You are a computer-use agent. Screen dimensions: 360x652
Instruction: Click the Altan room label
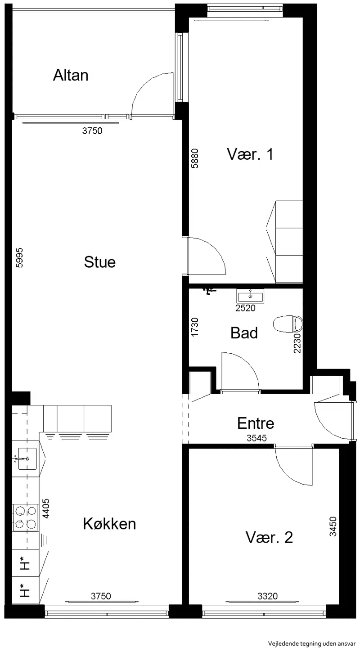point(71,75)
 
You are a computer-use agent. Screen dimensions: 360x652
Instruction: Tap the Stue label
point(100,262)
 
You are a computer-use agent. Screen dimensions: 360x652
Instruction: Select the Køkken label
point(109,524)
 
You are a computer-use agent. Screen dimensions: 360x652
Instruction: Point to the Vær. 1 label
point(250,154)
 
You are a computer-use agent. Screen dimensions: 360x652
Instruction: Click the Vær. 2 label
point(269,537)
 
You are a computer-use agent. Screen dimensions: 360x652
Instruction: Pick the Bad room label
point(244,333)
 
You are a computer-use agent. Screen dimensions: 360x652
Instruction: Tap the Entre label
point(256,423)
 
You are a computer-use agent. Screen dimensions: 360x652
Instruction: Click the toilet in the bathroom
point(288,324)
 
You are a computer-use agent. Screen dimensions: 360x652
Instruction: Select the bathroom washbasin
point(250,297)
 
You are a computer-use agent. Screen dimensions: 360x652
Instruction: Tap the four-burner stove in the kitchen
point(25,517)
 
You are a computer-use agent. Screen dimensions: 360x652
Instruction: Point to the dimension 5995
point(19,257)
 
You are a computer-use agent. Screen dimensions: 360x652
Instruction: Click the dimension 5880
point(195,159)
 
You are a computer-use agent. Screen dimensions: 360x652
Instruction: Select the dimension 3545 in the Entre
point(256,438)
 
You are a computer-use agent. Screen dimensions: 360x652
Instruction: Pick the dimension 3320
point(267,596)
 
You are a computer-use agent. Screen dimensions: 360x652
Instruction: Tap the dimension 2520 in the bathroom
point(245,308)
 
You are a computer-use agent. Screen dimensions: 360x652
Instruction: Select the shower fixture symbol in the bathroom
point(209,291)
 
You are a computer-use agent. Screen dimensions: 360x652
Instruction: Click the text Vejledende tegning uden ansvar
point(312,643)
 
